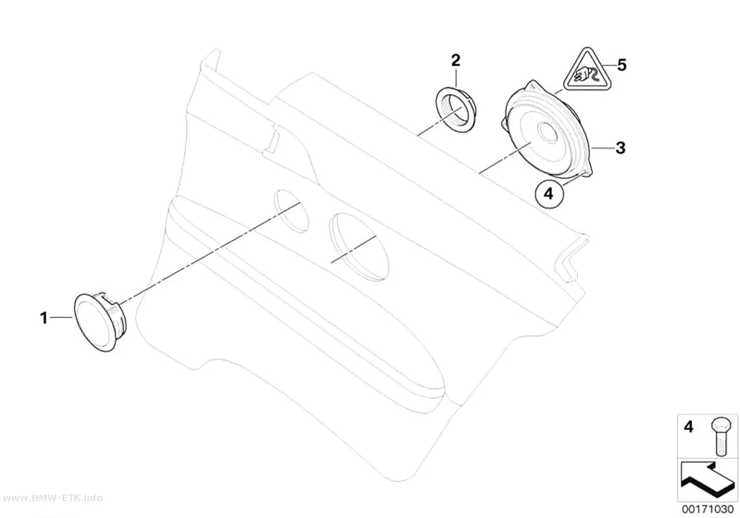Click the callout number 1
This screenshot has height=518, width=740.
pyautogui.click(x=44, y=318)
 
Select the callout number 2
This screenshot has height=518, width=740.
pyautogui.click(x=455, y=61)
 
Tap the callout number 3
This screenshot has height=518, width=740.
pyautogui.click(x=621, y=148)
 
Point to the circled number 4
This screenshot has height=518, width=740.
pyautogui.click(x=549, y=193)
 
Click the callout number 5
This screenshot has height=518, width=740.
pyautogui.click(x=622, y=65)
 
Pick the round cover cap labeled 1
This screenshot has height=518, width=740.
pyautogui.click(x=101, y=321)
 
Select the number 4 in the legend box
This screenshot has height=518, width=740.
pyautogui.click(x=689, y=427)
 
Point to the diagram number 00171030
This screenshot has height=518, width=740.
pyautogui.click(x=708, y=510)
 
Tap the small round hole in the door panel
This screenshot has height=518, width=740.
pyautogui.click(x=290, y=211)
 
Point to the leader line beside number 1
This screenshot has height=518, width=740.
pyautogui.click(x=61, y=318)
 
